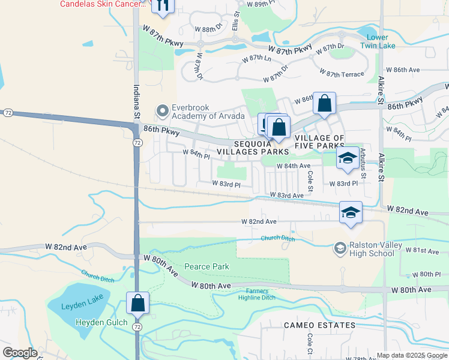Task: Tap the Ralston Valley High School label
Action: pyautogui.click(x=372, y=249)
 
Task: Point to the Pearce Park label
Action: pyautogui.click(x=208, y=266)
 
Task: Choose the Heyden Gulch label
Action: pyautogui.click(x=101, y=323)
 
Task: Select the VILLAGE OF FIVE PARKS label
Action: pyautogui.click(x=319, y=142)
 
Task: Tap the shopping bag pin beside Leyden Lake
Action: pyautogui.click(x=138, y=303)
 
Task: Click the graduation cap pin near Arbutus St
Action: pyautogui.click(x=347, y=158)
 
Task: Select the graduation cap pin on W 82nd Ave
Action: pyautogui.click(x=351, y=212)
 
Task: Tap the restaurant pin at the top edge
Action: pyautogui.click(x=162, y=5)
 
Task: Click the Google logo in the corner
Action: pyautogui.click(x=20, y=353)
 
